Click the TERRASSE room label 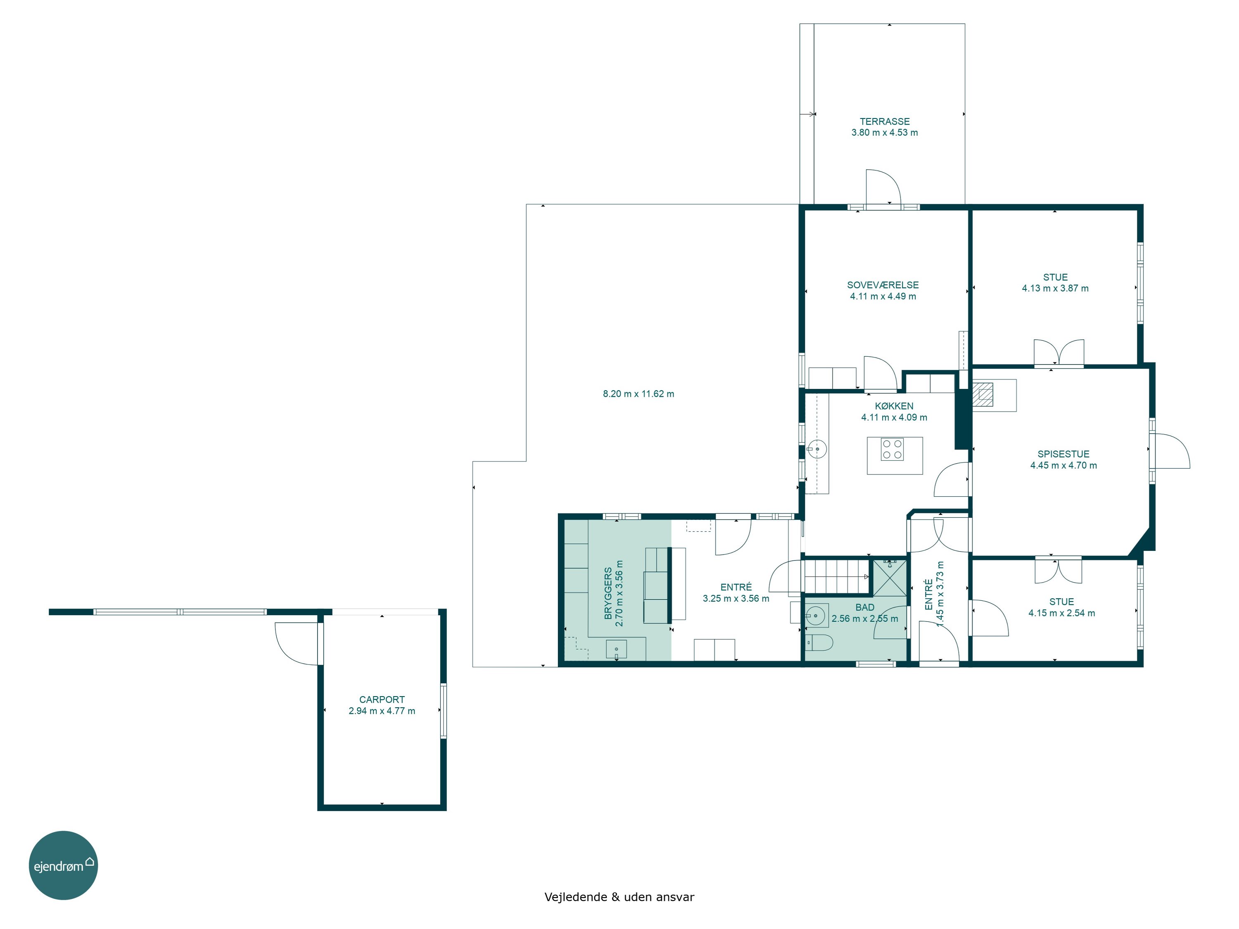tap(885, 121)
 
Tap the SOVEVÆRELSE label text tap(883, 285)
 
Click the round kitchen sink tap(817, 448)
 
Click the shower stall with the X tap(890, 577)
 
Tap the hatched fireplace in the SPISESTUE tap(983, 394)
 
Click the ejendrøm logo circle tap(63, 865)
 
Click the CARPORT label tap(382, 699)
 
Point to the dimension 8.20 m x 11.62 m tap(638, 393)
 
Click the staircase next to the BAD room tap(836, 576)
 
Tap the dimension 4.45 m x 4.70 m tap(1063, 465)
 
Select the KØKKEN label tap(894, 406)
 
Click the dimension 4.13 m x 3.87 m tap(1055, 288)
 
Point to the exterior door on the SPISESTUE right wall tap(1171, 451)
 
